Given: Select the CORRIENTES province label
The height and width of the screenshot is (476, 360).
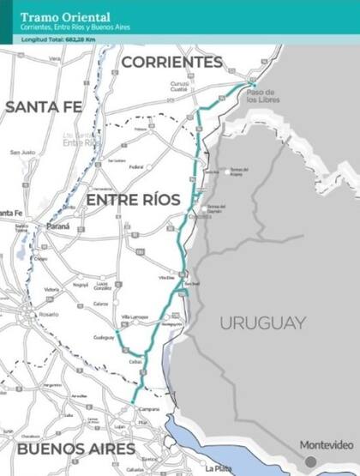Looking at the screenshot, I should click(x=171, y=63).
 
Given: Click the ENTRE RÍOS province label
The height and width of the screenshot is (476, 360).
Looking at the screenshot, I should click(x=133, y=200).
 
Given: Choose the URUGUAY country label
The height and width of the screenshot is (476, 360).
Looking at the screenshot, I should click(x=262, y=323).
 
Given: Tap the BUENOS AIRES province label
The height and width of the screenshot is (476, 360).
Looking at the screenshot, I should click(x=77, y=448).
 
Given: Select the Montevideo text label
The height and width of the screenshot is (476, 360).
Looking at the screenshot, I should click(x=326, y=445).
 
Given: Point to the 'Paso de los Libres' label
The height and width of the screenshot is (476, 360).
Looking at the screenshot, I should click(x=260, y=96).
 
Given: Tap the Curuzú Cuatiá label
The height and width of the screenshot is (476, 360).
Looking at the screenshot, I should click(x=178, y=86).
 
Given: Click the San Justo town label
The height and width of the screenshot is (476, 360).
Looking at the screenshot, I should click(x=22, y=153).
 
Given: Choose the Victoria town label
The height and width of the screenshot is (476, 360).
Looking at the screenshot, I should click(x=51, y=290).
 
